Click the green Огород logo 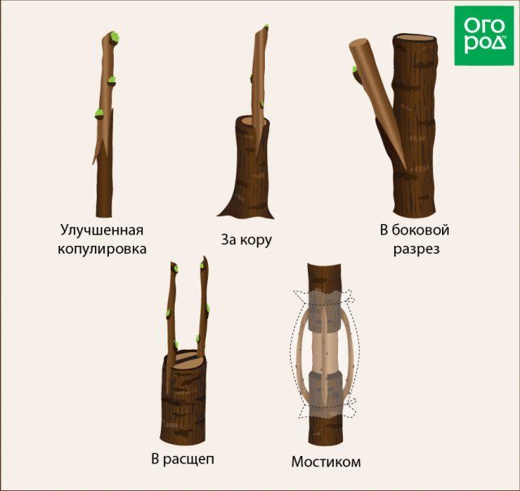[x=484, y=36]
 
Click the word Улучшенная [x=102, y=230]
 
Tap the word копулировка [x=102, y=249]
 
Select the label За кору [x=246, y=239]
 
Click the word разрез [x=417, y=249]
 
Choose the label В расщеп [x=183, y=459]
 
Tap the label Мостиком [x=326, y=462]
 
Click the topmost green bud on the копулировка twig [x=115, y=37]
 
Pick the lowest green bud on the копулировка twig [x=99, y=114]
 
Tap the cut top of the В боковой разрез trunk [x=414, y=38]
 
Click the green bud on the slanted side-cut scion [x=354, y=69]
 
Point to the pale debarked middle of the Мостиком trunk [x=325, y=351]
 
